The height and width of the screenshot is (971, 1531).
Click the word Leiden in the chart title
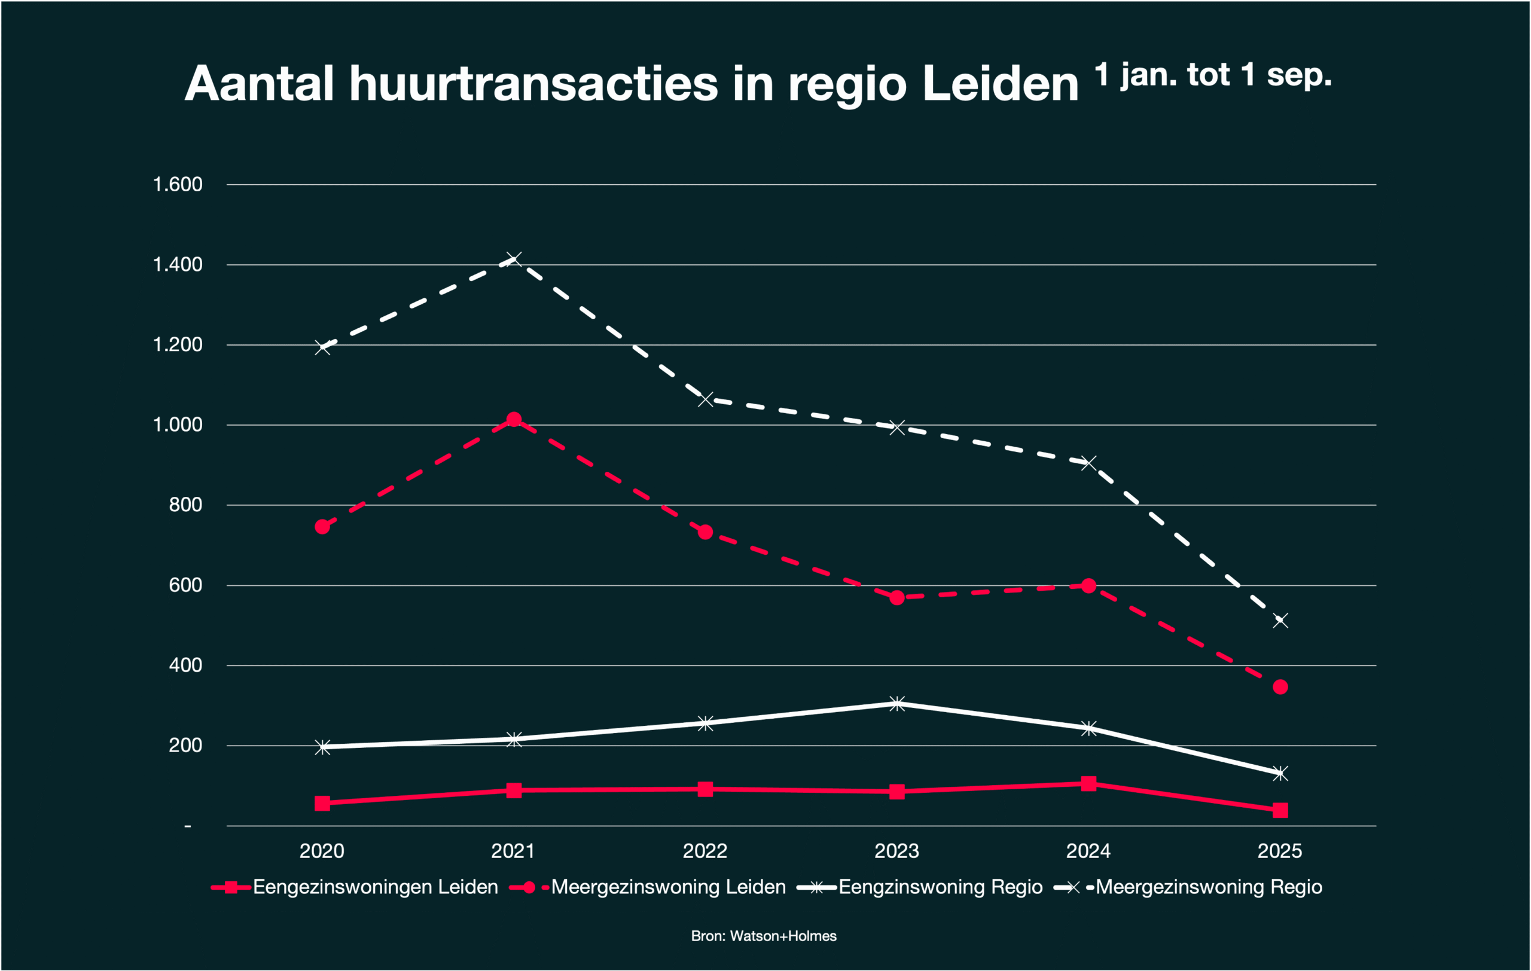point(1000,84)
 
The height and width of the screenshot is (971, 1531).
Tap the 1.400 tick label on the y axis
point(178,264)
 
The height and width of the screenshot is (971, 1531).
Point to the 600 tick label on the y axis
point(185,585)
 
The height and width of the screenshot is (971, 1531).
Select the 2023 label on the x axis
point(896,851)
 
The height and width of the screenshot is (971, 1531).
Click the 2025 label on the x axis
point(1280,851)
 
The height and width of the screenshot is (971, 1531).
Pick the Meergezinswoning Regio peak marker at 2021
point(514,259)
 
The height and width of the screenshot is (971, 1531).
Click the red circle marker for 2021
point(514,419)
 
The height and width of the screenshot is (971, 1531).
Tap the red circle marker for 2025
point(1280,687)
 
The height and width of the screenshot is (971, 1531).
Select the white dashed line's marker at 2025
point(1280,621)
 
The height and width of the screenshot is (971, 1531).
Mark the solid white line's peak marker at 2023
point(897,704)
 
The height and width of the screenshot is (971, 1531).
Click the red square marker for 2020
point(322,803)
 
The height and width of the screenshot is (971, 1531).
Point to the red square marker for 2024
point(1088,783)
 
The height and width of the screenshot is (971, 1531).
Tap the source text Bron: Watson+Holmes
point(764,936)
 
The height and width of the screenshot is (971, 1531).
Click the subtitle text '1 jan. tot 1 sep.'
point(1212,75)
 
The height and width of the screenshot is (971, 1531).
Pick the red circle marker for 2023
point(897,597)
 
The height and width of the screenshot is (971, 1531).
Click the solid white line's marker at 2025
point(1280,773)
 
